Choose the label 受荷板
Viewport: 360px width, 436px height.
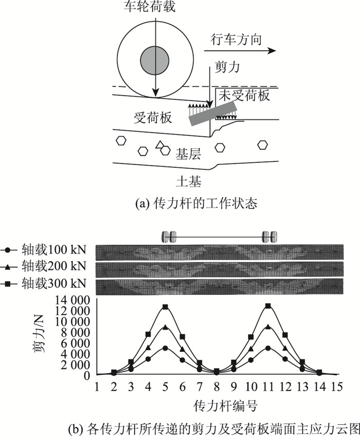[148, 117]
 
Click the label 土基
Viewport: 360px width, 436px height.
[187, 181]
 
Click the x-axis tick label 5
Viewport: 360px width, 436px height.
[165, 386]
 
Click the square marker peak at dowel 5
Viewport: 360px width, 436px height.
[165, 307]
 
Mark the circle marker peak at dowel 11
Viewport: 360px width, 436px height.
[268, 348]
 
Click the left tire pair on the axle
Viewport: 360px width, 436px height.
[169, 236]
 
